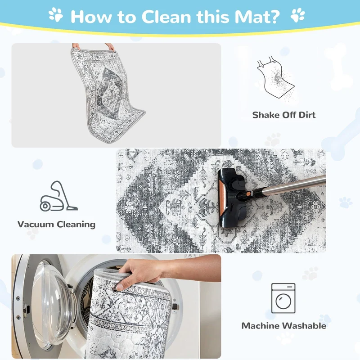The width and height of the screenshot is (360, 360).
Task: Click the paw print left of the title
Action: [55, 15]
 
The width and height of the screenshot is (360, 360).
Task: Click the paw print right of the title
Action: [298, 15]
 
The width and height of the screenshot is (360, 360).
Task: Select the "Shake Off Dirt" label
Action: [284, 115]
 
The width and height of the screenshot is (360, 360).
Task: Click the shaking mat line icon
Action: [275, 78]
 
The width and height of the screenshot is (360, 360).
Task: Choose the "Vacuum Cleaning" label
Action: [57, 224]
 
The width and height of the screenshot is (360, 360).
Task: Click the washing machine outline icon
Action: [283, 298]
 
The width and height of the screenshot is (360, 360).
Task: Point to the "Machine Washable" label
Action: [284, 326]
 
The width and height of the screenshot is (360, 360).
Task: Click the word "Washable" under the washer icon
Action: [304, 326]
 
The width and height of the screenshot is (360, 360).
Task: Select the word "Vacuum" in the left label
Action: [36, 224]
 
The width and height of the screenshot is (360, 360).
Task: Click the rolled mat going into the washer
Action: [130, 315]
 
